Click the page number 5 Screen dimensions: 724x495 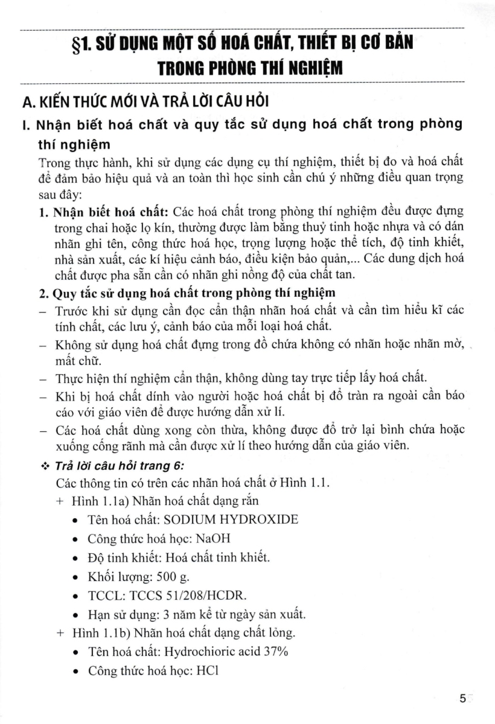pyautogui.click(x=462, y=699)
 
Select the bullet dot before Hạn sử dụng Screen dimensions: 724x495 pyautogui.click(x=74, y=615)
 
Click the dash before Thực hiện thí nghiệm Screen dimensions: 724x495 pyautogui.click(x=42, y=379)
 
